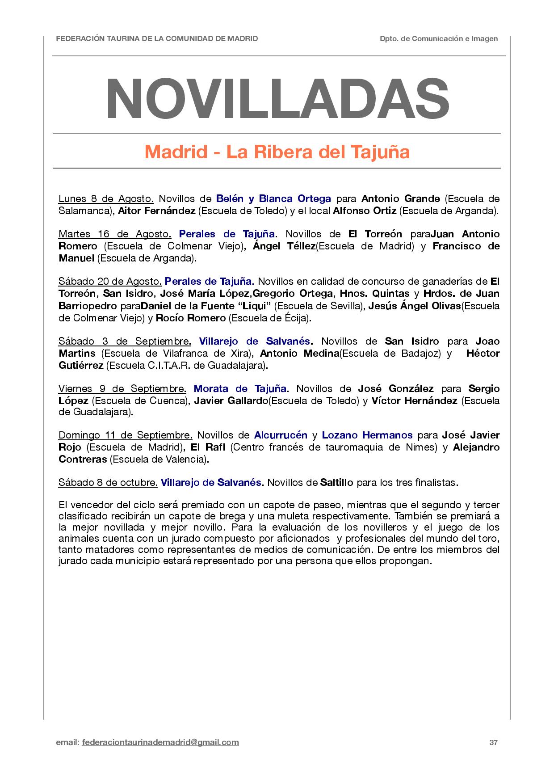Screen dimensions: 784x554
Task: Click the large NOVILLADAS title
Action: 277,97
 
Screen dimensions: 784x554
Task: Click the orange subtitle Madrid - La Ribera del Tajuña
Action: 277,152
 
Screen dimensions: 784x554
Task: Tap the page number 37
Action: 494,743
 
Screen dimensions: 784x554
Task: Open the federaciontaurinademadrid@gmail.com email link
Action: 161,743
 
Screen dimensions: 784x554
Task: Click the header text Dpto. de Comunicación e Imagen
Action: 439,39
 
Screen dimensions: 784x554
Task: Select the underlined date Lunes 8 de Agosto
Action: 106,198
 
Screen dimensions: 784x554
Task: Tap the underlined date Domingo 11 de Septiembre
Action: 126,435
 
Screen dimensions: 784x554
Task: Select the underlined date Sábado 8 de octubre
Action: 108,482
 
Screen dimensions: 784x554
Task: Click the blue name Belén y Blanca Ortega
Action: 273,198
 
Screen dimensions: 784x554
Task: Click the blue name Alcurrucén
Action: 281,435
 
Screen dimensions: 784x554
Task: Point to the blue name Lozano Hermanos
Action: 367,435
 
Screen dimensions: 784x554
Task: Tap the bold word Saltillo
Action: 337,482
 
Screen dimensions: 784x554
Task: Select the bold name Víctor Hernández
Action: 414,400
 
